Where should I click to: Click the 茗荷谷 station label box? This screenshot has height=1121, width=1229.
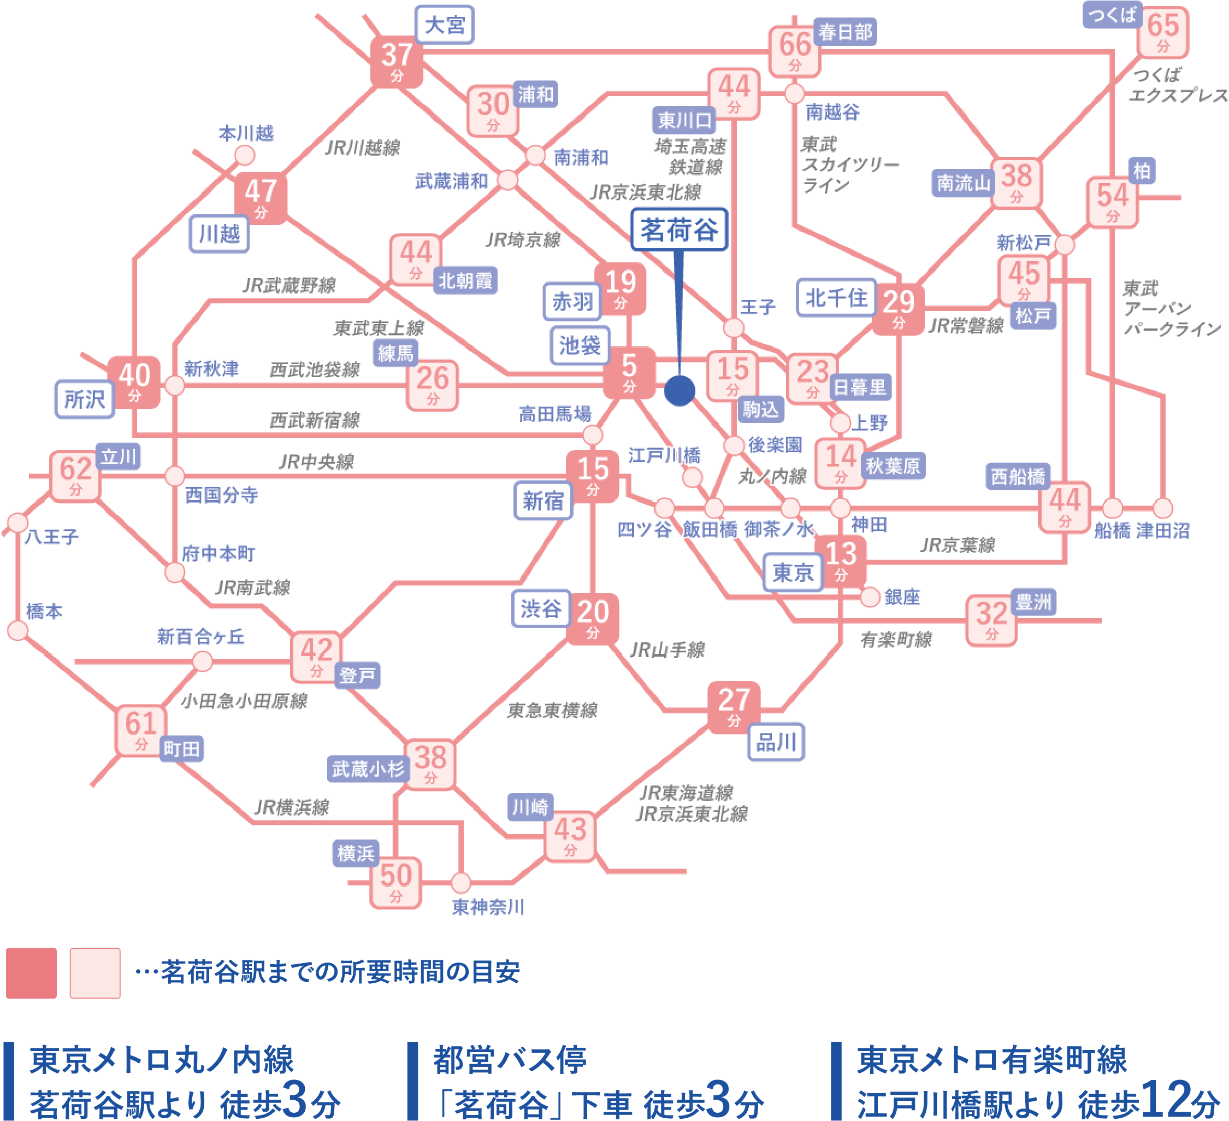click(x=678, y=230)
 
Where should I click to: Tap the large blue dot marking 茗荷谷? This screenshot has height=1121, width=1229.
click(x=680, y=390)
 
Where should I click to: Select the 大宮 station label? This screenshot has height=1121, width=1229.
click(x=445, y=25)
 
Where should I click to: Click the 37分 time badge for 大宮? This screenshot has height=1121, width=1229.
click(x=397, y=60)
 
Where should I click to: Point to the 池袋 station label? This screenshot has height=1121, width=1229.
click(x=580, y=346)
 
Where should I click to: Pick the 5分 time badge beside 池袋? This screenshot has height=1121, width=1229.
click(x=629, y=372)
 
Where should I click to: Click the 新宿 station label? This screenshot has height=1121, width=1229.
click(x=543, y=501)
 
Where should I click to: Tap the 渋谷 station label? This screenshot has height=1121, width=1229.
click(x=541, y=608)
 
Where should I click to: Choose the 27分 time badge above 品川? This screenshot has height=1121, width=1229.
click(x=734, y=705)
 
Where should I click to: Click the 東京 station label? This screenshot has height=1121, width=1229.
click(x=793, y=572)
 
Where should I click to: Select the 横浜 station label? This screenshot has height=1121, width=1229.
click(x=356, y=853)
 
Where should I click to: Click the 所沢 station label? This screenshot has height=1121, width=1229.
click(x=85, y=400)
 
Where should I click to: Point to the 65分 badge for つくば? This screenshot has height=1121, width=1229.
click(x=1163, y=32)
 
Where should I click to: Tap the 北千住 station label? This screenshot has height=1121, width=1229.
click(x=836, y=298)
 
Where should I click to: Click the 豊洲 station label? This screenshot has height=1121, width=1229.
click(x=1033, y=602)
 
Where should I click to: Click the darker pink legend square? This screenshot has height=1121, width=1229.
click(x=31, y=973)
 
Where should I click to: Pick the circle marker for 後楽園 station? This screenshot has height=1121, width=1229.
click(x=734, y=445)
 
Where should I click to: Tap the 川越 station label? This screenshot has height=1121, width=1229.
click(x=220, y=233)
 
